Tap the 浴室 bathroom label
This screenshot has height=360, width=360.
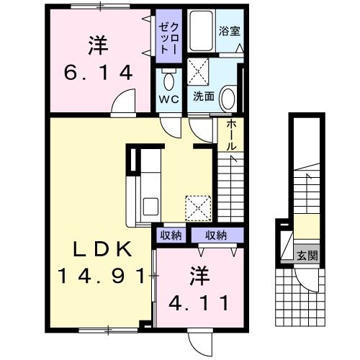pos(229,31)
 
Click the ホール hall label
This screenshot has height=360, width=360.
pos(230,134)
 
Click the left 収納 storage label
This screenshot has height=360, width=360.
pos(170,235)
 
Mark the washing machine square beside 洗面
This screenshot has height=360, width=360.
pos(199,72)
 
